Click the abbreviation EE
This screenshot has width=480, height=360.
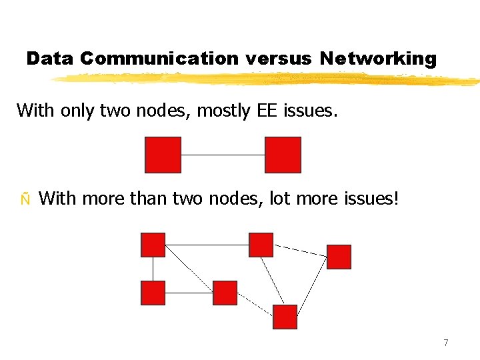pyautogui.click(x=265, y=110)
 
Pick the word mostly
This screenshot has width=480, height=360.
pyautogui.click(x=221, y=110)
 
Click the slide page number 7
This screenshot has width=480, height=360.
pyautogui.click(x=445, y=343)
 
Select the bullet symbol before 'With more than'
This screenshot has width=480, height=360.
pyautogui.click(x=25, y=199)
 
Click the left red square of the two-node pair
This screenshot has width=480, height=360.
pyautogui.click(x=163, y=155)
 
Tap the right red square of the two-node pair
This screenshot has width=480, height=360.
pyautogui.click(x=283, y=155)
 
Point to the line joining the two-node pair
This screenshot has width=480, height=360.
pyautogui.click(x=223, y=155)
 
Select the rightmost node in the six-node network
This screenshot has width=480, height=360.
pyautogui.click(x=339, y=257)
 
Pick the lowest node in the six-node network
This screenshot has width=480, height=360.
pyautogui.click(x=285, y=317)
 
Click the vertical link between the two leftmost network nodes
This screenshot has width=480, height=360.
pyautogui.click(x=153, y=269)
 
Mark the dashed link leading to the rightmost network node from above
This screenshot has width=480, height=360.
pyautogui.click(x=300, y=250)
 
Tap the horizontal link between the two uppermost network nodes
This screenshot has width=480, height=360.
pyautogui.click(x=207, y=245)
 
